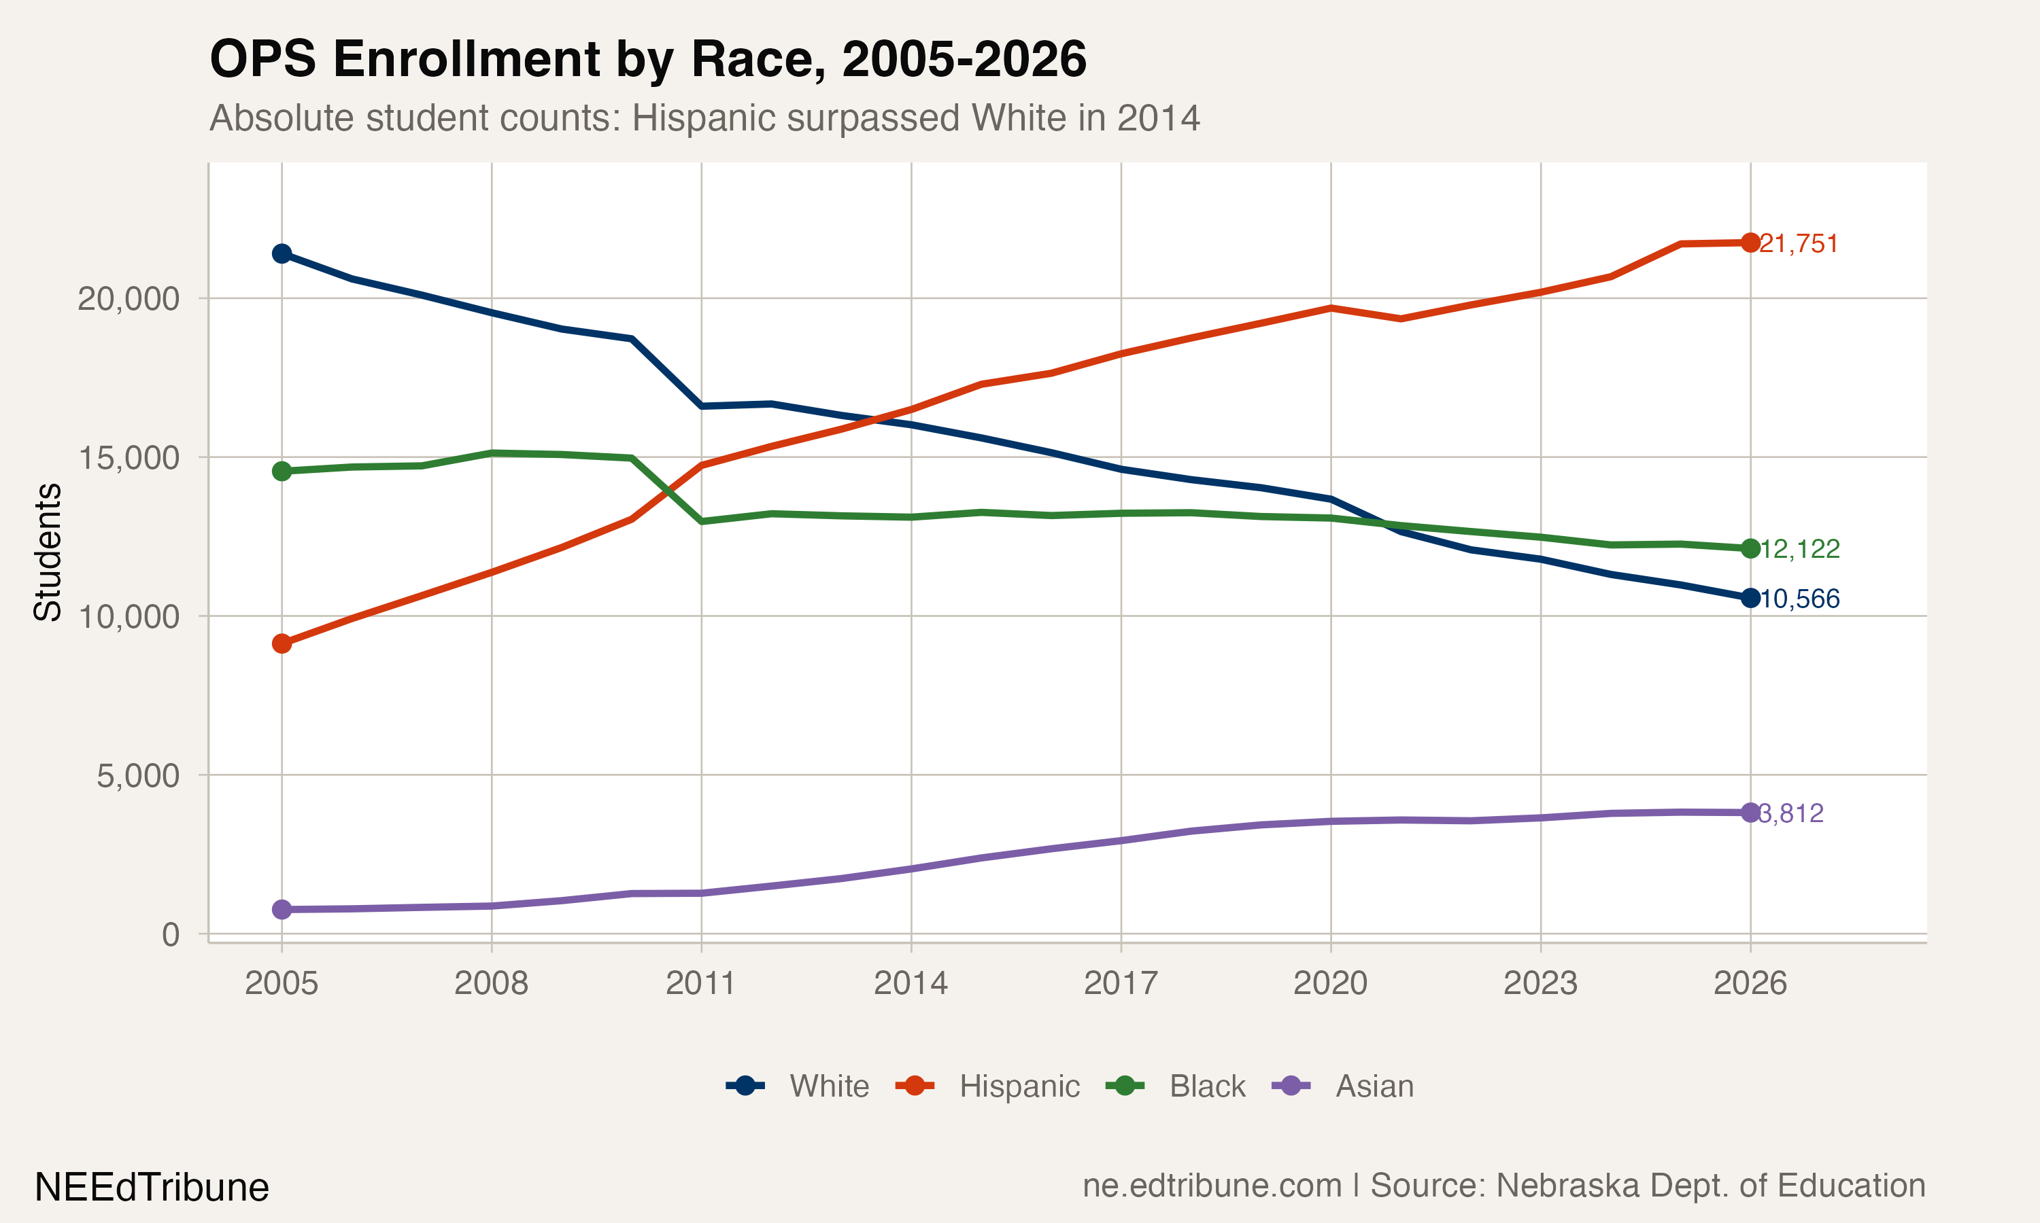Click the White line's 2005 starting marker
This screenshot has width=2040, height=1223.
pyautogui.click(x=282, y=254)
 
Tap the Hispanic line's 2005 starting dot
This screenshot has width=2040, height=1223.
pyautogui.click(x=282, y=643)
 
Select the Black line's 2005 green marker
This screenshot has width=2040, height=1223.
pyautogui.click(x=282, y=472)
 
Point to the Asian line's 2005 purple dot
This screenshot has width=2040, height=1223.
pyautogui.click(x=282, y=910)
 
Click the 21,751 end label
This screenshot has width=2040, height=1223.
pyautogui.click(x=1799, y=244)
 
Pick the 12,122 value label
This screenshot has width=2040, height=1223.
pyautogui.click(x=1799, y=549)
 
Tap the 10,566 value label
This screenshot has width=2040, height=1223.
pyautogui.click(x=1799, y=599)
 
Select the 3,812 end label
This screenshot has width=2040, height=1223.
pyautogui.click(x=1791, y=814)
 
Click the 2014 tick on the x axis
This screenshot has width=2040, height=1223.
pyautogui.click(x=911, y=983)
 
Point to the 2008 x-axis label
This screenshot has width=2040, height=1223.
pyautogui.click(x=492, y=983)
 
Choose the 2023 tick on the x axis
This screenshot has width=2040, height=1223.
pyautogui.click(x=1540, y=983)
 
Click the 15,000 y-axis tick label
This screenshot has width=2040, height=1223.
pyautogui.click(x=128, y=458)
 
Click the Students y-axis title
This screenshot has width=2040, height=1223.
pyautogui.click(x=48, y=552)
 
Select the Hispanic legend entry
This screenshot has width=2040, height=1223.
pyautogui.click(x=1019, y=1086)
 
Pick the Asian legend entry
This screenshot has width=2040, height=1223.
pyautogui.click(x=1374, y=1086)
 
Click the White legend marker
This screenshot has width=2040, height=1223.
pyautogui.click(x=745, y=1086)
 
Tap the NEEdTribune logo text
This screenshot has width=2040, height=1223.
pyautogui.click(x=152, y=1188)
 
